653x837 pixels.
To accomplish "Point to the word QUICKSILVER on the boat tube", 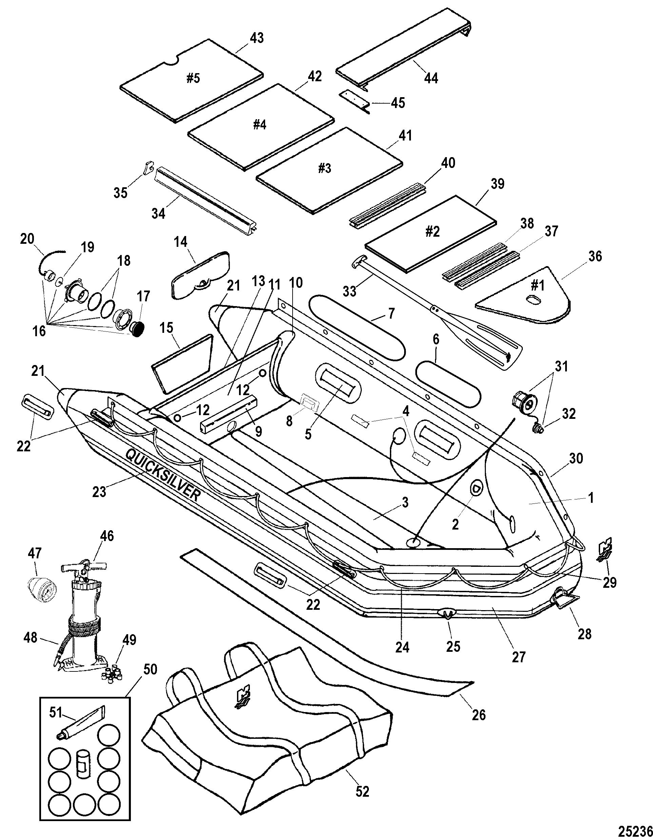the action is (x=163, y=475).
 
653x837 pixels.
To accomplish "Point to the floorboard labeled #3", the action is (x=329, y=170).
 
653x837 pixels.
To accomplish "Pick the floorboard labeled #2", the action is (x=431, y=234).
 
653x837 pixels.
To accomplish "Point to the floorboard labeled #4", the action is (x=260, y=127).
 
